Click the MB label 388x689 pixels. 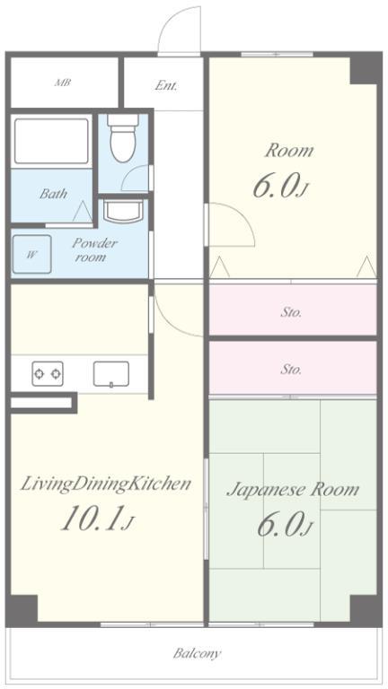pyautogui.click(x=63, y=83)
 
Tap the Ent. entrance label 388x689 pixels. pyautogui.click(x=166, y=85)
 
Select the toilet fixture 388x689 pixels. pyautogui.click(x=123, y=138)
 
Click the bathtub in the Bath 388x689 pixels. pyautogui.click(x=51, y=141)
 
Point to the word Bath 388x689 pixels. pyautogui.click(x=53, y=194)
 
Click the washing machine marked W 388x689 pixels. pyautogui.click(x=31, y=255)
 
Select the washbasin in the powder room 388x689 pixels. pyautogui.click(x=123, y=212)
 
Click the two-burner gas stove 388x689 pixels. pyautogui.click(x=48, y=373)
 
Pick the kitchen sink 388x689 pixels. pyautogui.click(x=111, y=374)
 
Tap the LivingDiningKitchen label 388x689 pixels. pyautogui.click(x=106, y=484)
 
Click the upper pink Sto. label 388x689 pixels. pyautogui.click(x=291, y=312)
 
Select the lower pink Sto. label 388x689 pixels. pyautogui.click(x=291, y=369)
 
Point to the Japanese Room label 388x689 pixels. pyautogui.click(x=293, y=490)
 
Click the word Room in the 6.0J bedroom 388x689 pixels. pyautogui.click(x=289, y=151)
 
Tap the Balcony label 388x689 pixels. pyautogui.click(x=197, y=653)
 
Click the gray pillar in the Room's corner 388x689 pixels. pyautogui.click(x=364, y=69)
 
